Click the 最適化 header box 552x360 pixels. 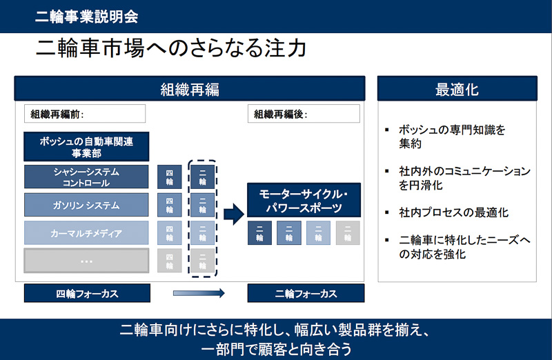(457, 89)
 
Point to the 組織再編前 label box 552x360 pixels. (85, 114)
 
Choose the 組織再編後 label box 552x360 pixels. (304, 114)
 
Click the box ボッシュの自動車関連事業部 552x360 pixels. (86, 146)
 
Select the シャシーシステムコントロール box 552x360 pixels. (86, 177)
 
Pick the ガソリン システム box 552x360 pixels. (86, 205)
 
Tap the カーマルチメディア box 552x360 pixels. (86, 233)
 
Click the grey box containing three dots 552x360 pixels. (86, 261)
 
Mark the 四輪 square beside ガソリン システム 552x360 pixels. (170, 205)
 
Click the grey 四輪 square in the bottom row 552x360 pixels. (170, 261)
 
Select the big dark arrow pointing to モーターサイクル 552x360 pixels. (234, 214)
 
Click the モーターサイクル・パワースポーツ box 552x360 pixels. (304, 201)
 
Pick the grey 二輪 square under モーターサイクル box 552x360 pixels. (348, 233)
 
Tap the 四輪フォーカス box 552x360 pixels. (86, 293)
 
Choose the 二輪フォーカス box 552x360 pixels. (304, 293)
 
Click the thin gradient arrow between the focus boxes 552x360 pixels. (199, 293)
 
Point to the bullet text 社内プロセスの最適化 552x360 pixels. (449, 212)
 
